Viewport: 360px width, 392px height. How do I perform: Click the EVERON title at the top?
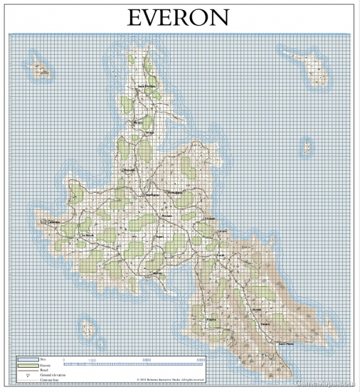(179, 18)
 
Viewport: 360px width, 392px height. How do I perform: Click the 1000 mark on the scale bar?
(92, 361)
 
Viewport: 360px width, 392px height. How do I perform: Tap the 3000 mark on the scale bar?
(147, 361)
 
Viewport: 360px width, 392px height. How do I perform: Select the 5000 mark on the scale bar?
(201, 361)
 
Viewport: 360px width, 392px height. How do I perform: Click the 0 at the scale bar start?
(64, 361)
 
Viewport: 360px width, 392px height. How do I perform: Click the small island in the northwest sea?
(43, 70)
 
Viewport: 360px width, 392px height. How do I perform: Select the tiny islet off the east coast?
(307, 148)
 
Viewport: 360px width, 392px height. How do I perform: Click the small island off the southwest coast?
(88, 328)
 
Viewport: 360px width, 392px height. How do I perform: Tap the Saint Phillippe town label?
(147, 87)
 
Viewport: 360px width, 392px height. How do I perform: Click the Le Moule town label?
(88, 235)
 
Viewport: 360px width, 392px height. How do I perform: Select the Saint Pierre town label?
(285, 344)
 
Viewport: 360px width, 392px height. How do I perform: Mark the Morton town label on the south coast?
(158, 273)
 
